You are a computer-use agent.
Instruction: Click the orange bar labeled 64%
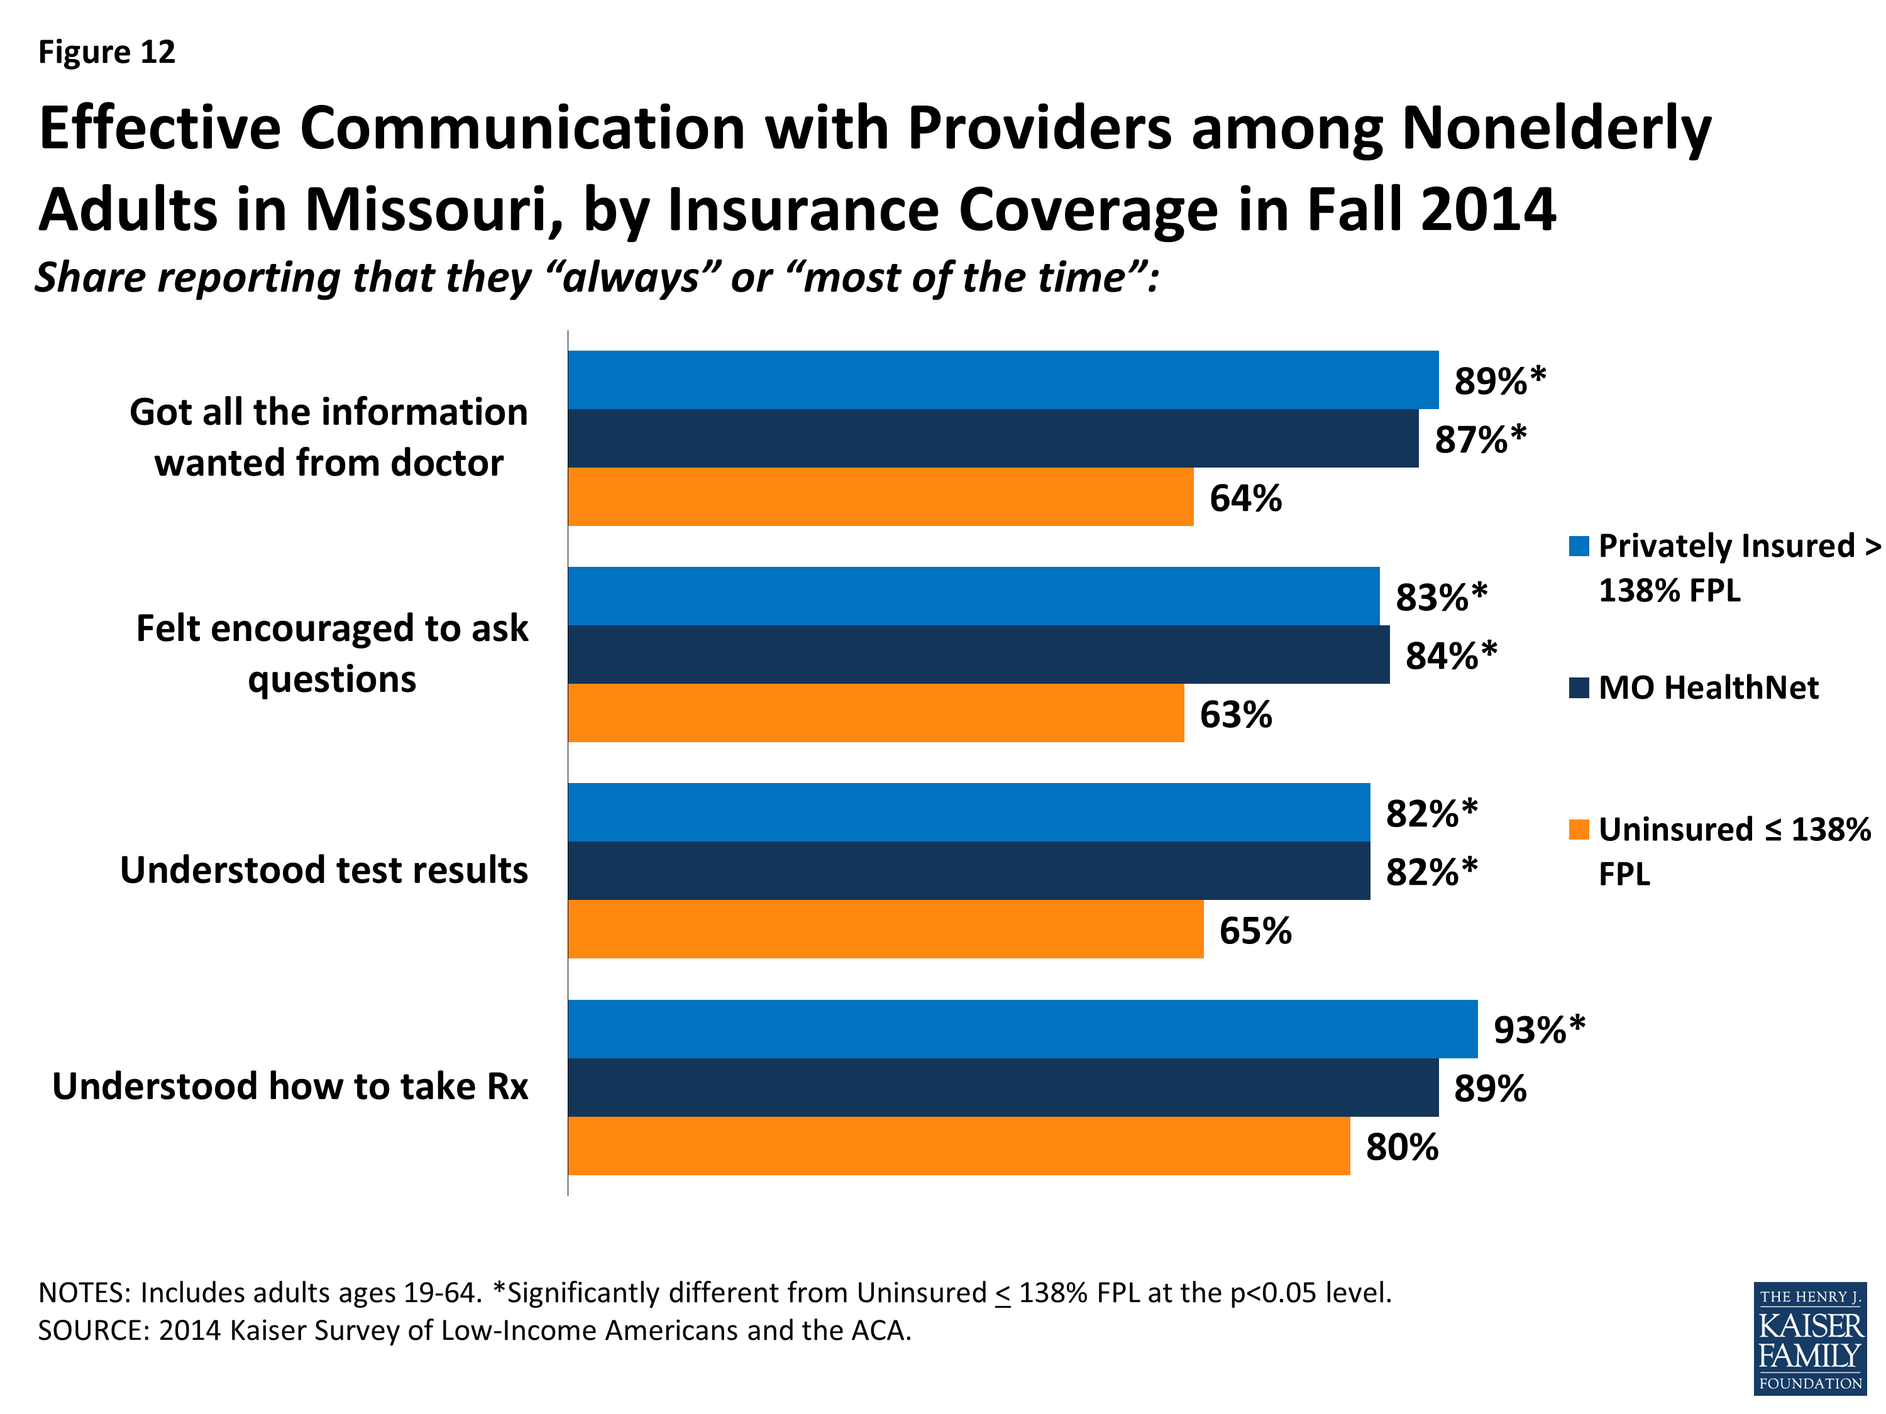point(880,497)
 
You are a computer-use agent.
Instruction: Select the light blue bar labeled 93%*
point(1022,1029)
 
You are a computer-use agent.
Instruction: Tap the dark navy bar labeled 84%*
point(978,655)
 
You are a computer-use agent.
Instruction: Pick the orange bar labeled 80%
point(958,1146)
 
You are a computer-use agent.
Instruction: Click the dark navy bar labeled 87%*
point(993,438)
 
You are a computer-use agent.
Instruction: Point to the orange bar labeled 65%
point(885,929)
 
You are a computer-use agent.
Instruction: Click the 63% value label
point(1235,715)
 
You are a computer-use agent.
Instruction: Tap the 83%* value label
point(1441,596)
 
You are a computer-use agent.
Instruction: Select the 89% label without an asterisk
point(1489,1088)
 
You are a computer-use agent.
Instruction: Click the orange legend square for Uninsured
point(1578,830)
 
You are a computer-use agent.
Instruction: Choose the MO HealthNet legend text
point(1708,687)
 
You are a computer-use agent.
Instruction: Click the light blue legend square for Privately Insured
point(1578,546)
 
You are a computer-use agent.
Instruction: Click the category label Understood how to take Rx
point(290,1087)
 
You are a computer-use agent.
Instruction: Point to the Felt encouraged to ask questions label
point(332,654)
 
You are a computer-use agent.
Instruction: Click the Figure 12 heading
point(107,52)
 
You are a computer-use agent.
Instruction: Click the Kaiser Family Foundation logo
point(1809,1338)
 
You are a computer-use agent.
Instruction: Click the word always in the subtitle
point(632,278)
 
